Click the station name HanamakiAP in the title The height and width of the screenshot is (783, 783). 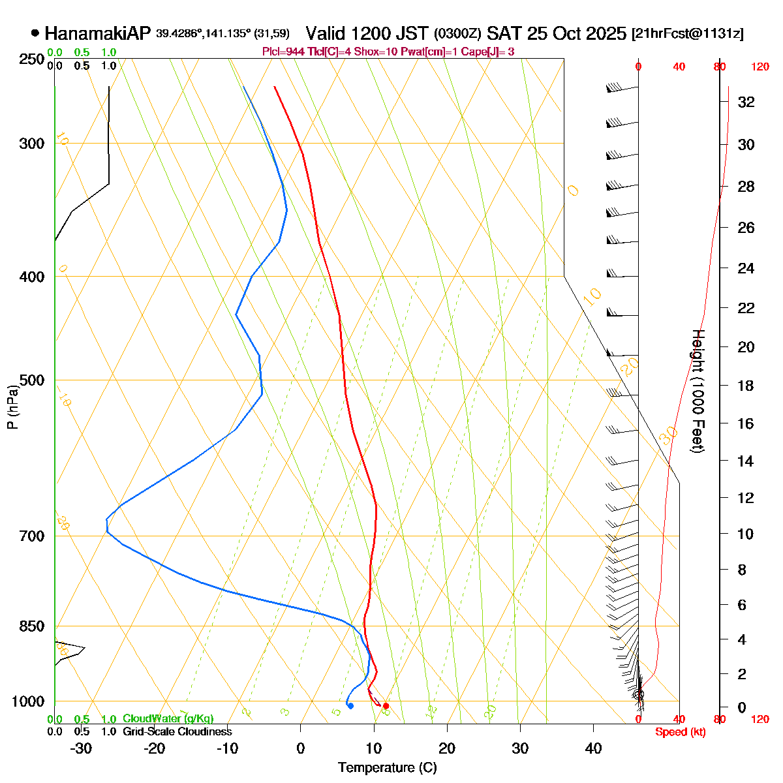point(97,34)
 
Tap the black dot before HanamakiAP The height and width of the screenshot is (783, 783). point(35,33)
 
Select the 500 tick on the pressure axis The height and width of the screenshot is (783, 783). point(32,380)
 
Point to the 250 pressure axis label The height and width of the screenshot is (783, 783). point(32,59)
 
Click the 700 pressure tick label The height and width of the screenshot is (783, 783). point(32,536)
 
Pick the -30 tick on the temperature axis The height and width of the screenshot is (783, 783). point(81,748)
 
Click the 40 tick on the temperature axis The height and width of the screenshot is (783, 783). point(593,748)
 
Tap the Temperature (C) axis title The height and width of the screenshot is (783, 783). point(388,767)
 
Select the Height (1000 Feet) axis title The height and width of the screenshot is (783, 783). point(697,391)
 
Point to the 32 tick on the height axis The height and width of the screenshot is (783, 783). point(746,102)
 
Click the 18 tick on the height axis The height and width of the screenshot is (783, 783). point(746,386)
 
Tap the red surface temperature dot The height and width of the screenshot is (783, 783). point(386,706)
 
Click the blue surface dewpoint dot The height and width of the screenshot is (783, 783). point(350,706)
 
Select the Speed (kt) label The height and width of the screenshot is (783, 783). point(680,732)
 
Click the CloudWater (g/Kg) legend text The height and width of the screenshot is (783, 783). point(168,718)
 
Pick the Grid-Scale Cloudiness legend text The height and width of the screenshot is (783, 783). point(177,731)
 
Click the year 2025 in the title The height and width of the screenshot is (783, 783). point(605,34)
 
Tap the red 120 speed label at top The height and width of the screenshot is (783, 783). point(760,67)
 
